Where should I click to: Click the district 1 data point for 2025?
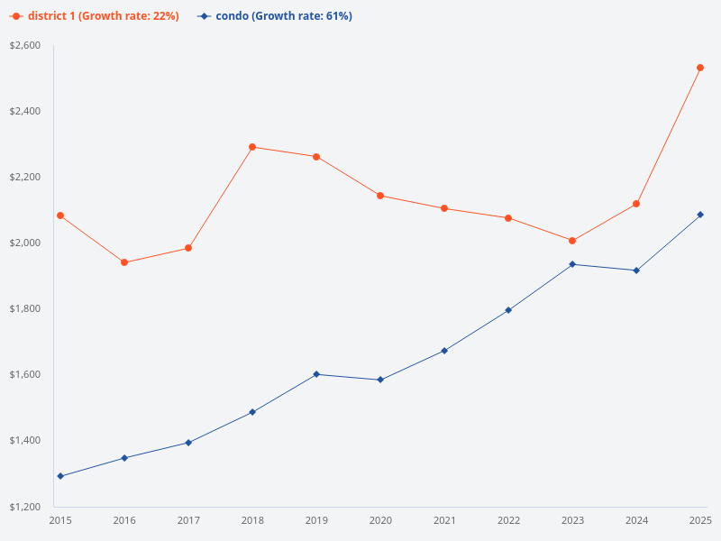(700, 68)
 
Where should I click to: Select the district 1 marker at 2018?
(252, 147)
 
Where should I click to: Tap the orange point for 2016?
(124, 262)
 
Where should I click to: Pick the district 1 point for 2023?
(572, 241)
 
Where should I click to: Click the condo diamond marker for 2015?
(60, 476)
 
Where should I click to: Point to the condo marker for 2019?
(316, 374)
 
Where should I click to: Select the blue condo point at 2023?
(572, 264)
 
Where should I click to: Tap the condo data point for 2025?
(700, 215)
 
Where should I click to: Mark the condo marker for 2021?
(444, 351)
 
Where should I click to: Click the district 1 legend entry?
(95, 16)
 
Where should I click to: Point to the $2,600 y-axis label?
(25, 45)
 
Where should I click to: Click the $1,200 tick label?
(25, 507)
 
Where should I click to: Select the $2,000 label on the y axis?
(25, 243)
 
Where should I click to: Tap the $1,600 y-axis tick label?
(25, 375)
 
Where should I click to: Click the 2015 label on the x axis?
(60, 520)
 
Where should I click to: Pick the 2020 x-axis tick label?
(380, 520)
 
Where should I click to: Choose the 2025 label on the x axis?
(700, 520)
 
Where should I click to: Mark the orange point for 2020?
(380, 196)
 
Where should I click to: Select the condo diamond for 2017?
(188, 443)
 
